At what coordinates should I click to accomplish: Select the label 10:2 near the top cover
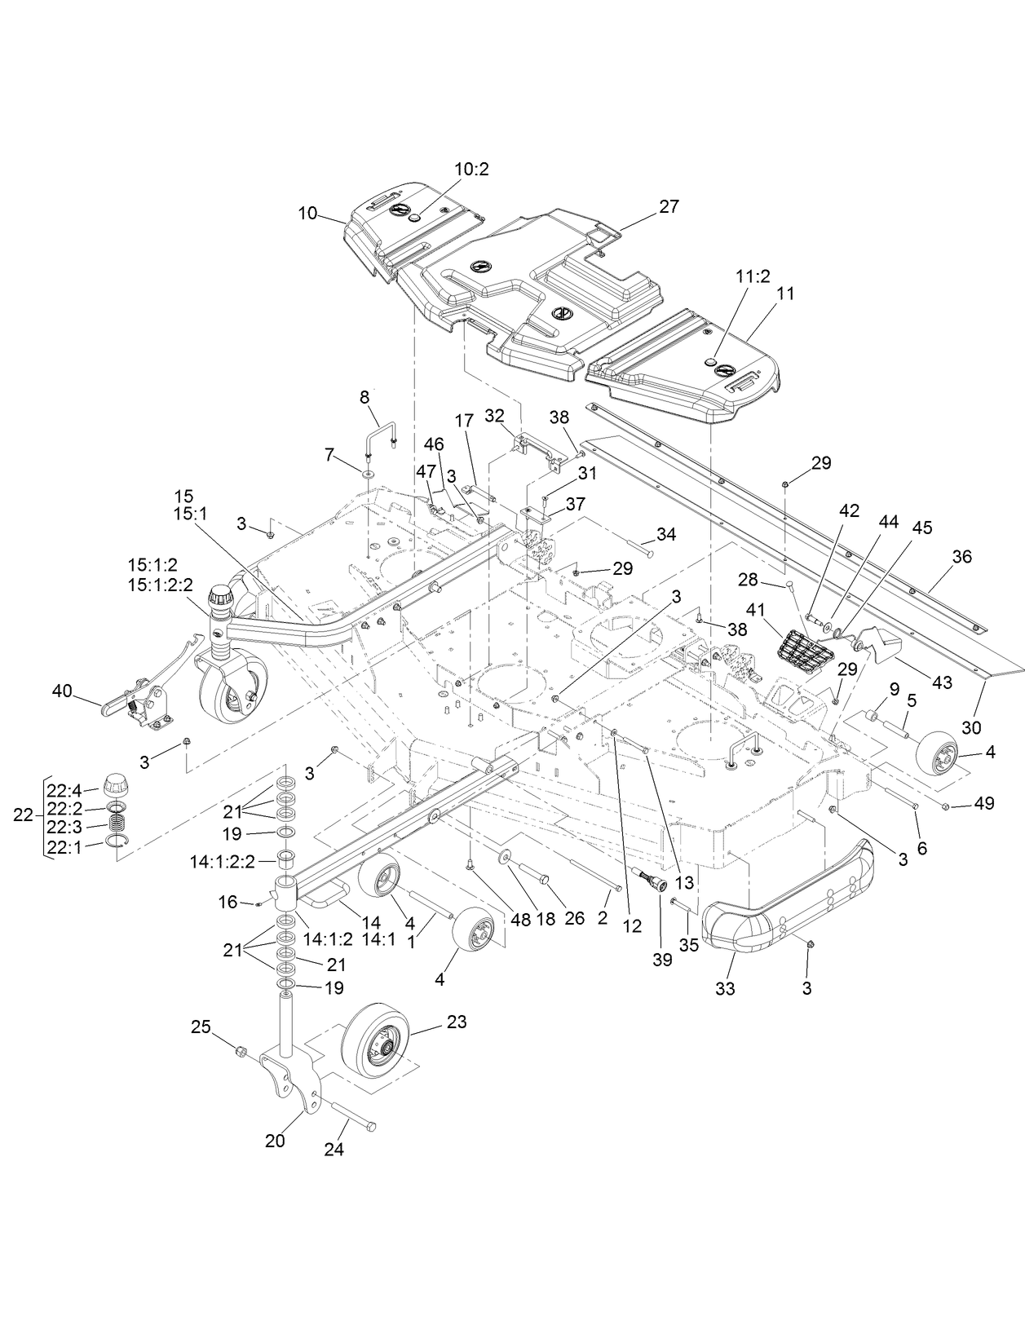pyautogui.click(x=471, y=170)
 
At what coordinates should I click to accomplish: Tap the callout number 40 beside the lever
pyautogui.click(x=61, y=692)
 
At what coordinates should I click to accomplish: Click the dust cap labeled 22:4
pyautogui.click(x=113, y=786)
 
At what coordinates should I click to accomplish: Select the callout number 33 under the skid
pyautogui.click(x=725, y=989)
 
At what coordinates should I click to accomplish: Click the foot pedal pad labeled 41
pyautogui.click(x=800, y=651)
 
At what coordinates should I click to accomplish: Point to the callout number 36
pyautogui.click(x=962, y=556)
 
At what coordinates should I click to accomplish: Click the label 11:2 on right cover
pyautogui.click(x=753, y=276)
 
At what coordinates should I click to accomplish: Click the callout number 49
pyautogui.click(x=984, y=803)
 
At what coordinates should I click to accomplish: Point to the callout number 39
pyautogui.click(x=662, y=960)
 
